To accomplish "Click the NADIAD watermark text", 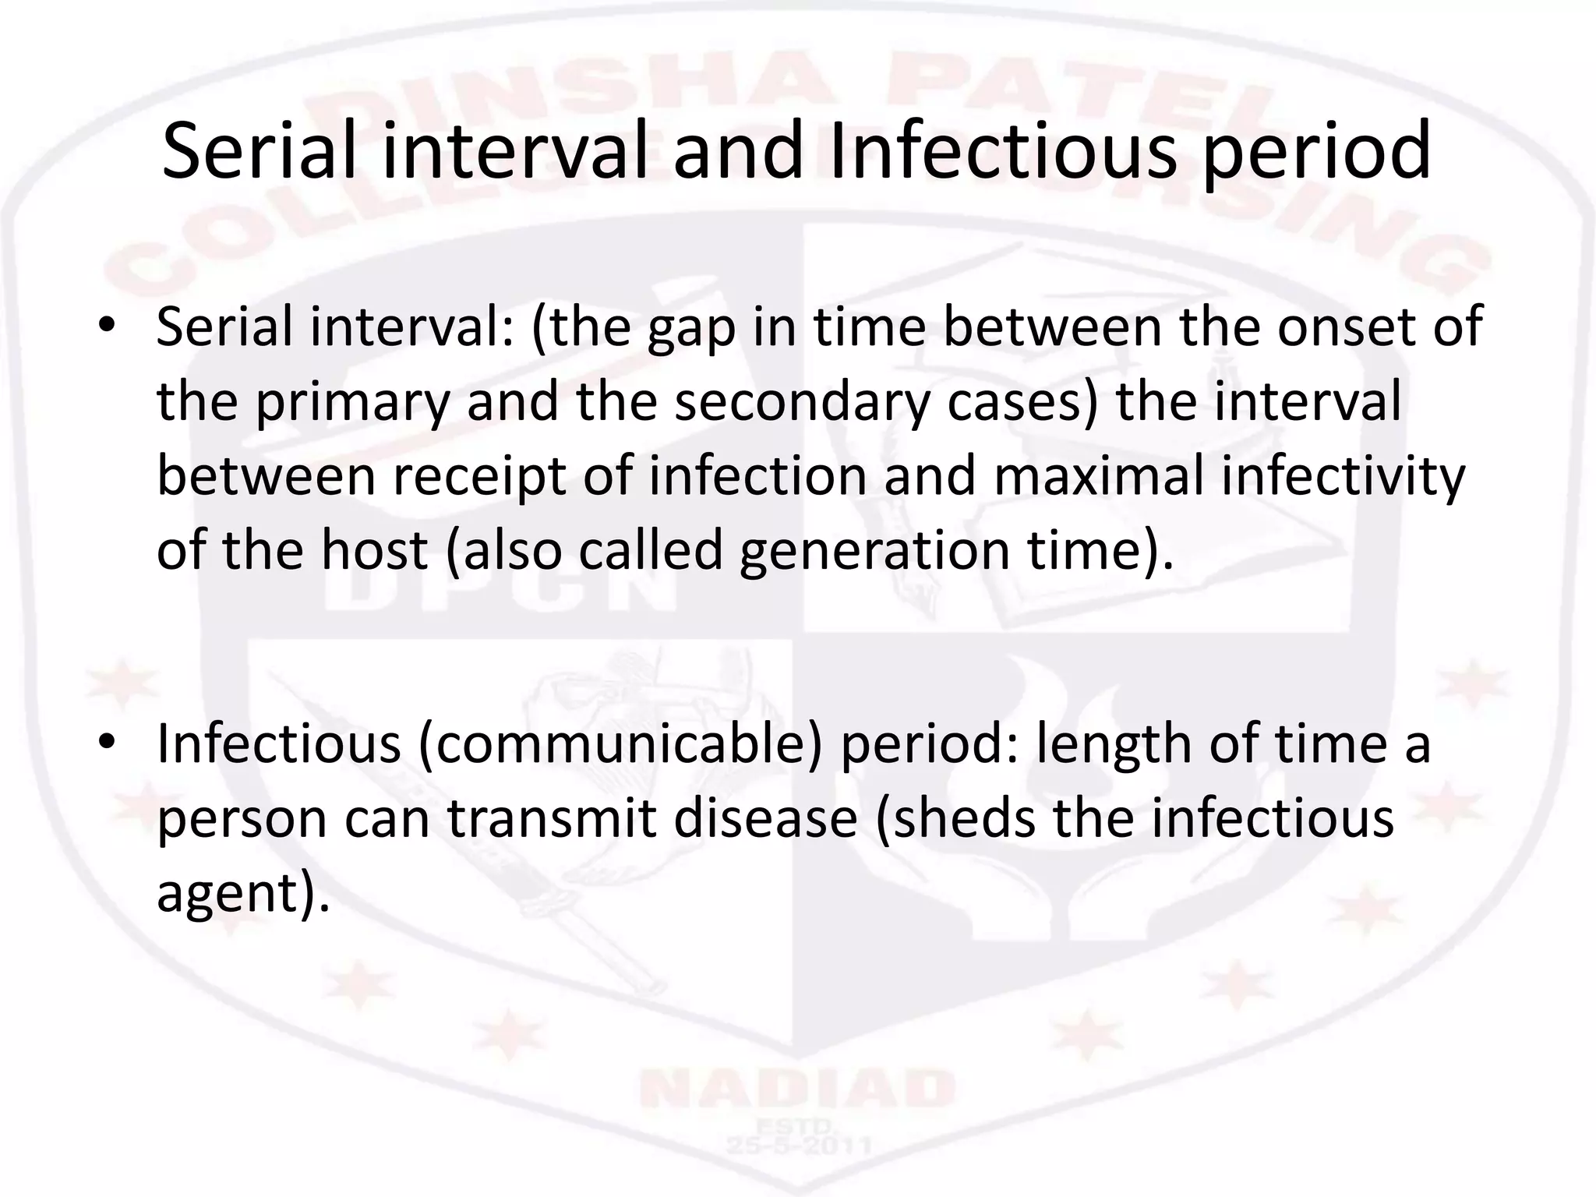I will [x=796, y=1089].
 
